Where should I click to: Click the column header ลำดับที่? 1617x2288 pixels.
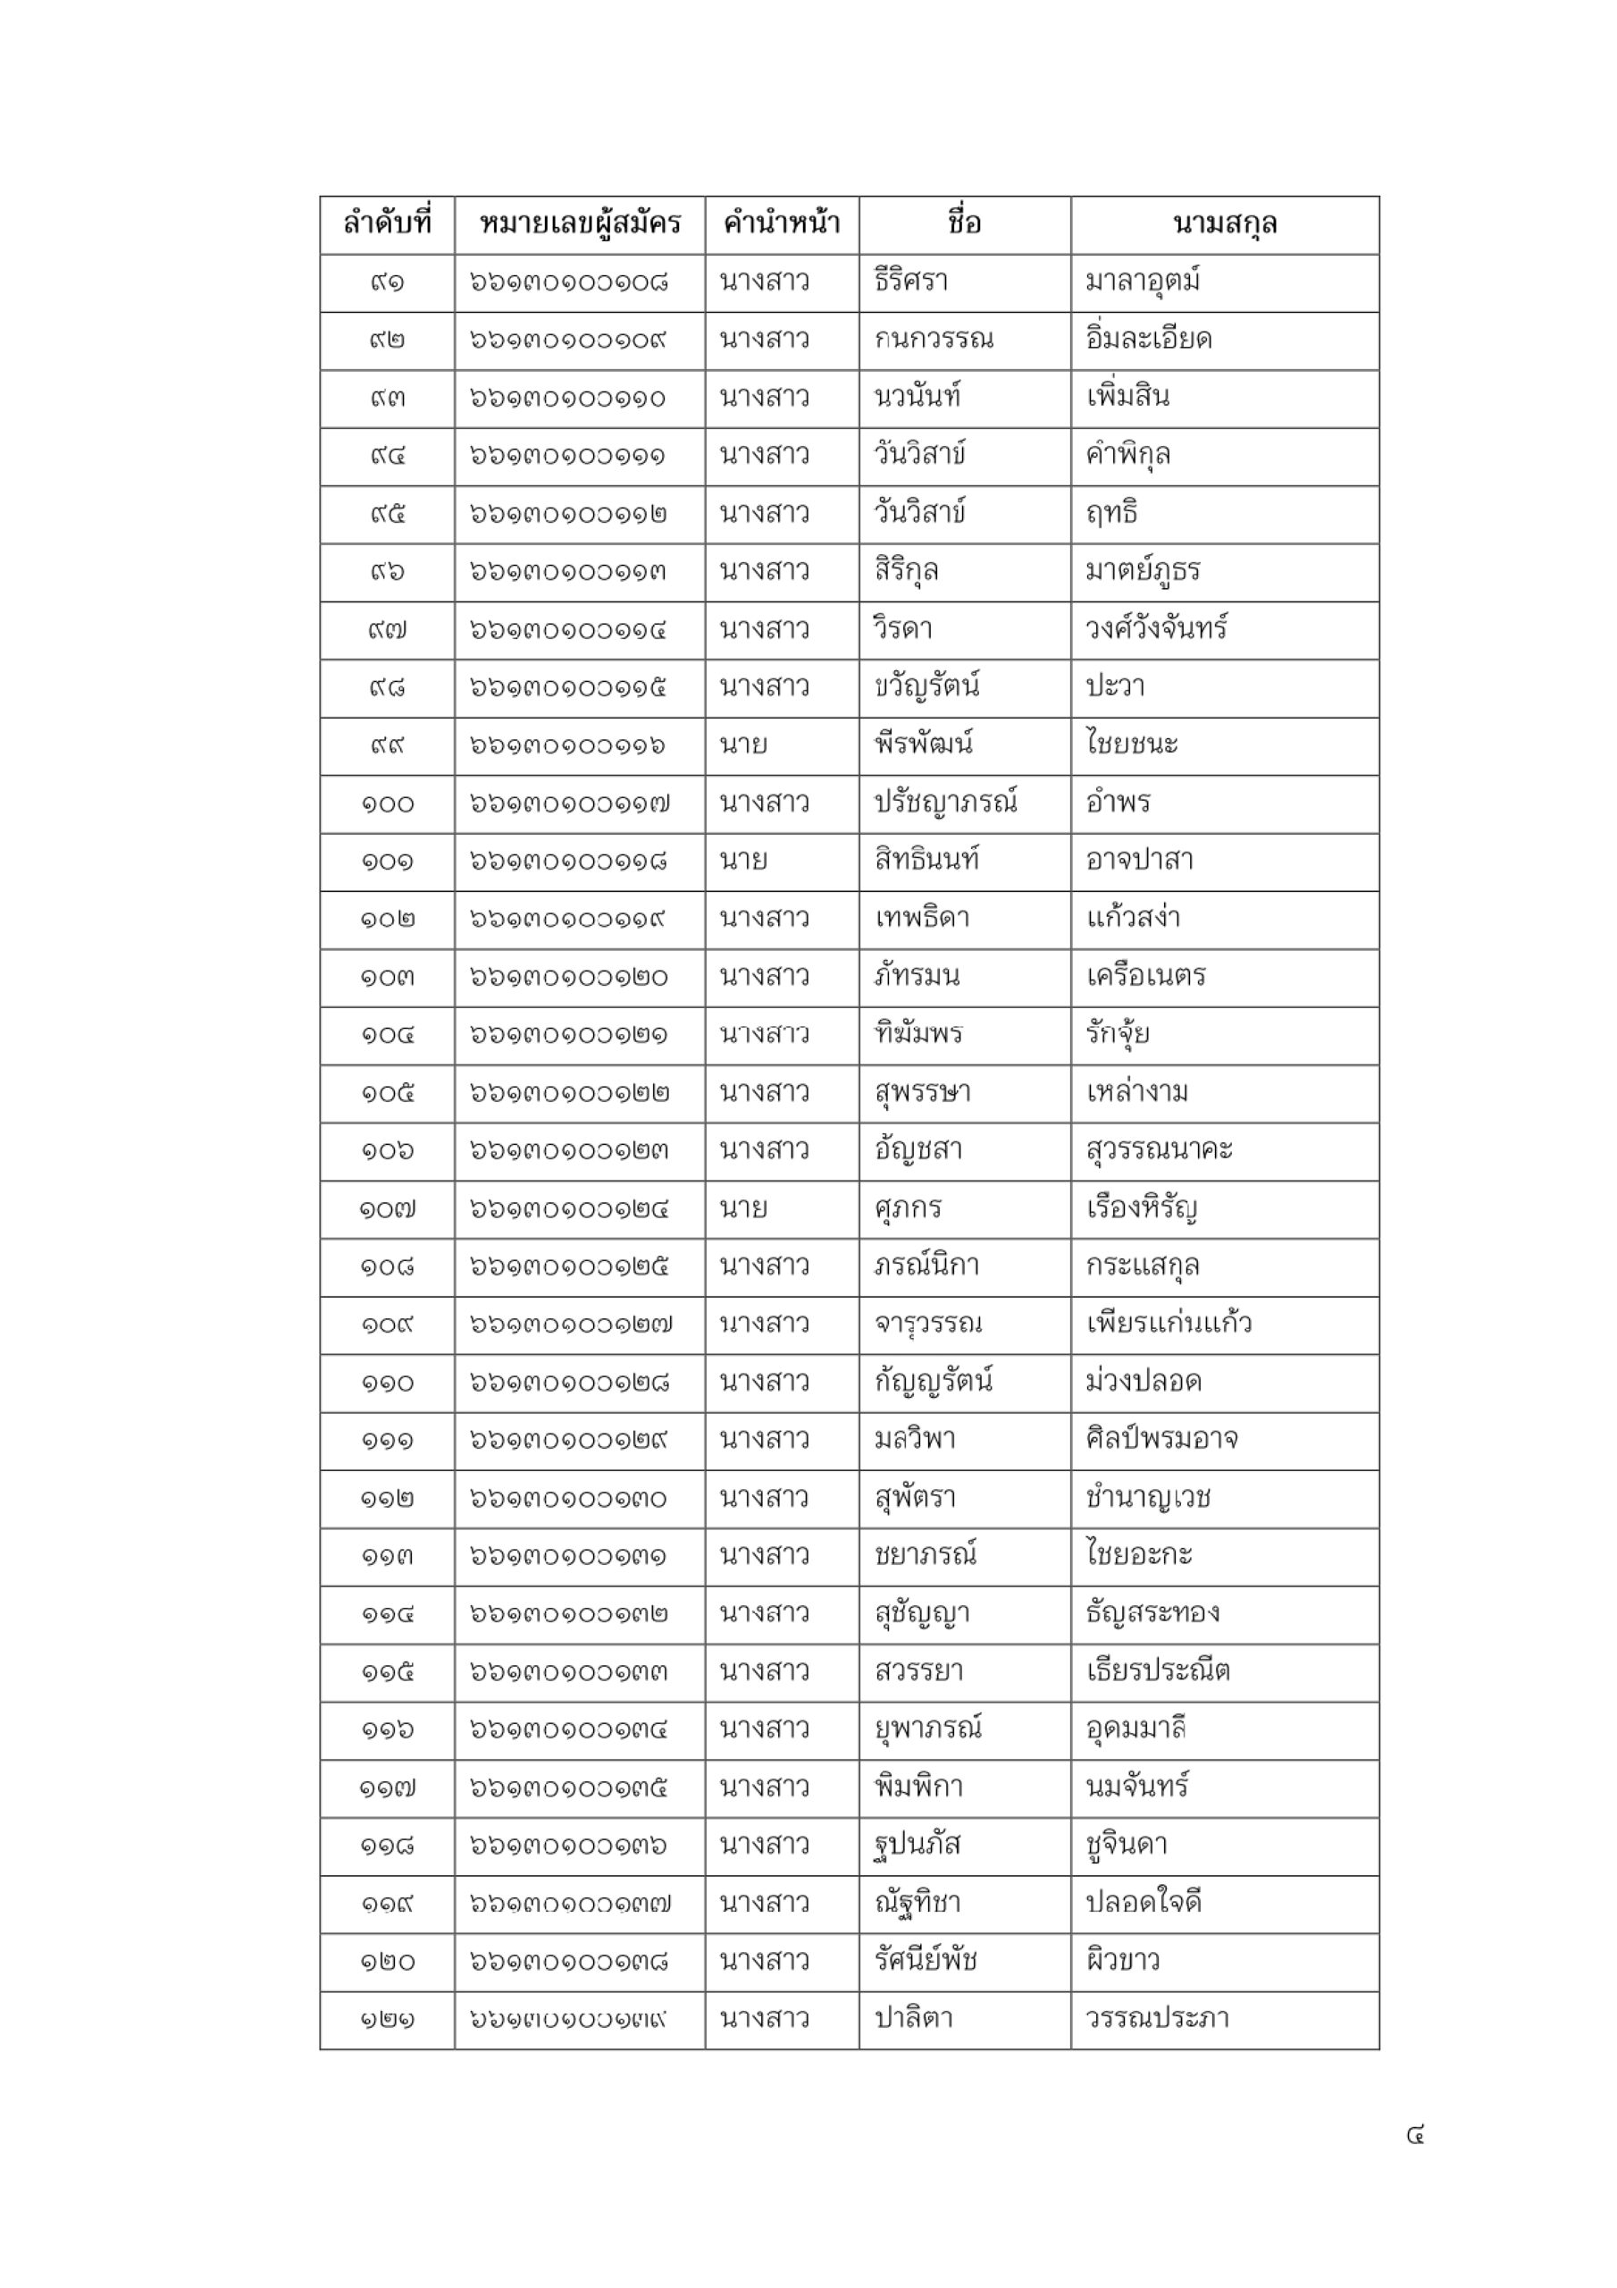pyautogui.click(x=387, y=223)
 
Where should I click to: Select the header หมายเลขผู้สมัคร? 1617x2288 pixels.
pyautogui.click(x=580, y=223)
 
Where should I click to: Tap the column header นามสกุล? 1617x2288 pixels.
pyautogui.click(x=1225, y=223)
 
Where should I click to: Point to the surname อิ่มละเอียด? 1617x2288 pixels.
pyautogui.click(x=1148, y=340)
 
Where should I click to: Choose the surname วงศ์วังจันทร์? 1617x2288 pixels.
pyautogui.click(x=1156, y=630)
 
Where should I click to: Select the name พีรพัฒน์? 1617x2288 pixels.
pyautogui.click(x=924, y=745)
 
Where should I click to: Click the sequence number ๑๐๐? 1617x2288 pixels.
pyautogui.click(x=387, y=803)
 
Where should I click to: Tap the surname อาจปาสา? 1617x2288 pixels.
pyautogui.click(x=1139, y=861)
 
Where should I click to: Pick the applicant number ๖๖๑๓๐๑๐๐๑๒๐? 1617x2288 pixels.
pyautogui.click(x=569, y=978)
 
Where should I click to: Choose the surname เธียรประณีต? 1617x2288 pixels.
pyautogui.click(x=1158, y=1672)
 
